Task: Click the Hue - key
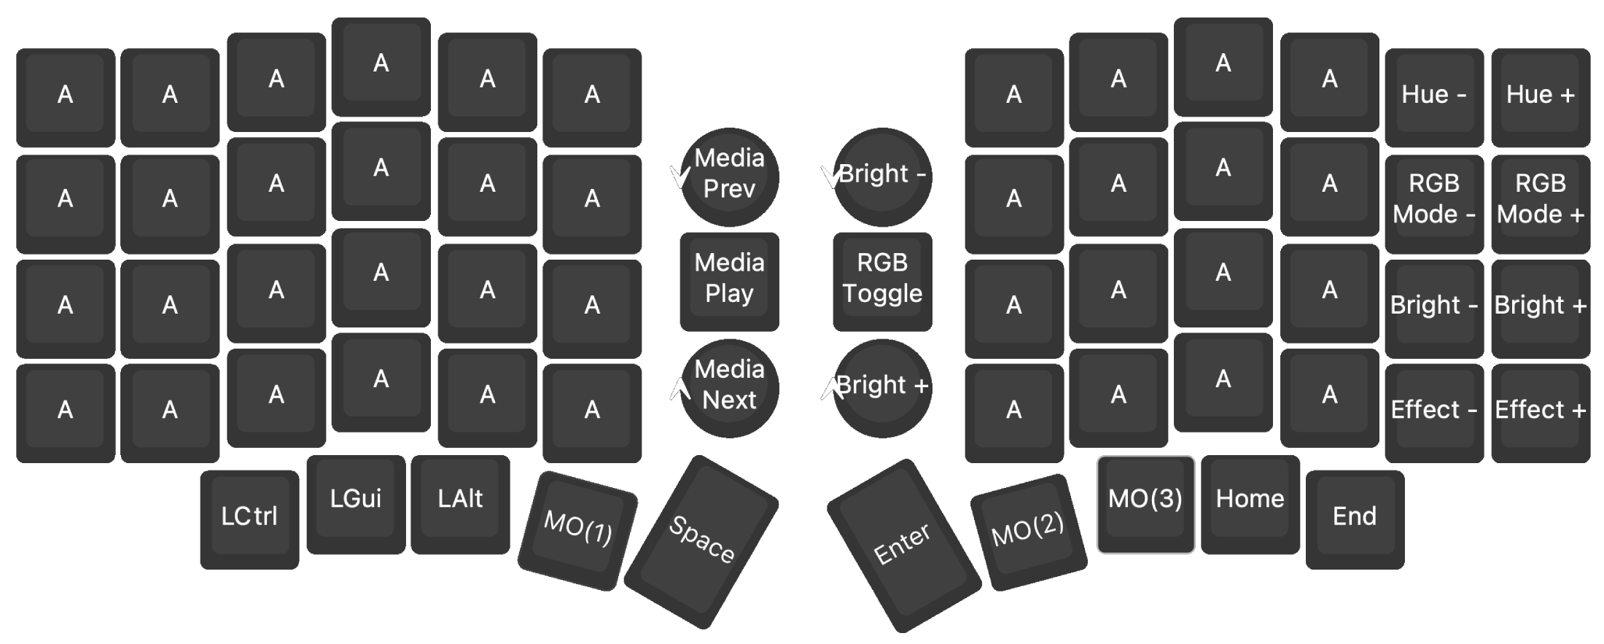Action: point(1433,96)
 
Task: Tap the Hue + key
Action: point(1540,96)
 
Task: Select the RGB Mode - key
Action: point(1433,199)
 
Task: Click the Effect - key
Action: point(1433,410)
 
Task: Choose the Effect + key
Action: point(1540,410)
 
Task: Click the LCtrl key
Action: point(249,517)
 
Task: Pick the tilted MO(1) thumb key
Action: point(577,529)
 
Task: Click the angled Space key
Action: point(701,540)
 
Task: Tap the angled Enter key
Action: point(903,544)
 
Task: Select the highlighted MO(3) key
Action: point(1145,503)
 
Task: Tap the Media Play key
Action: point(729,279)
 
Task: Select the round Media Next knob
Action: point(729,387)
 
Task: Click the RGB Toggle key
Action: point(882,279)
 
